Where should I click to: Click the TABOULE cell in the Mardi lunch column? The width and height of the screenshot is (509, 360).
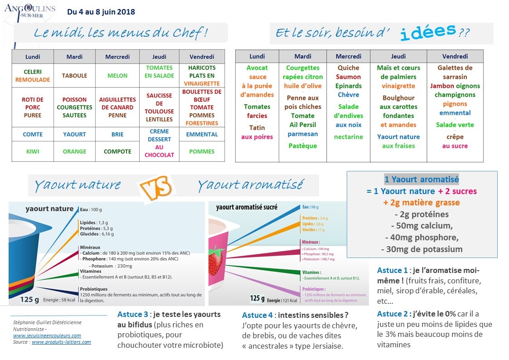tap(74, 76)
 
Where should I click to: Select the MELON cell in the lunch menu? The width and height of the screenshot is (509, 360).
tap(117, 76)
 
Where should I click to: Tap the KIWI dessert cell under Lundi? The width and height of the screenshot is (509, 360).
tap(33, 151)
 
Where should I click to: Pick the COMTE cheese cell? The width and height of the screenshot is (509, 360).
tap(33, 134)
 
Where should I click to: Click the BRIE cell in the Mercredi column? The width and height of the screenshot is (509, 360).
tap(117, 134)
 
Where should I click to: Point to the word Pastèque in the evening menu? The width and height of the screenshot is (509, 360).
tap(303, 146)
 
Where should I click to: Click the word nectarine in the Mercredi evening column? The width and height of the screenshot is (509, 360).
tap(349, 137)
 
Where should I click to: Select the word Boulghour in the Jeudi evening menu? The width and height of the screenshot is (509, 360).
tap(398, 98)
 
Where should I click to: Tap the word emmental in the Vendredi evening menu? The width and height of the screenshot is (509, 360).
tap(455, 113)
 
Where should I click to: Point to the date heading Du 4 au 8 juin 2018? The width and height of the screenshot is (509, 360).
tap(101, 12)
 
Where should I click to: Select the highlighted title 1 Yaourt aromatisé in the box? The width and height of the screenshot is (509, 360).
tap(422, 180)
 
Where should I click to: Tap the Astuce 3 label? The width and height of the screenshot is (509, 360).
tap(133, 314)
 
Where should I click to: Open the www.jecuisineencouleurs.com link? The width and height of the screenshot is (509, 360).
tap(47, 336)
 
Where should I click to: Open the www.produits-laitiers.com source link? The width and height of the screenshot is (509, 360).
tap(61, 342)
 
